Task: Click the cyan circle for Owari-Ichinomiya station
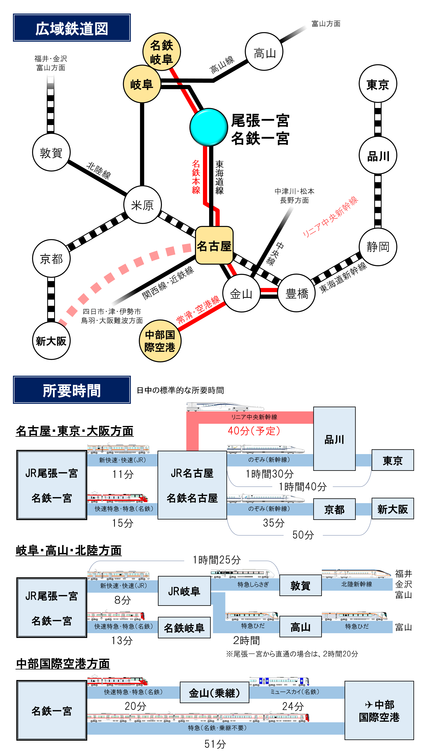tap(209, 127)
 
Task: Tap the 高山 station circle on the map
tap(264, 52)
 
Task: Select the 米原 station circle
tap(142, 205)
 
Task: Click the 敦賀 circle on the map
tap(51, 152)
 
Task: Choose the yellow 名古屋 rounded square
tap(214, 245)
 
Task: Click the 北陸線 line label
tap(99, 170)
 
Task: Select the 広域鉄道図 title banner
tap(72, 28)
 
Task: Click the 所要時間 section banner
tap(72, 390)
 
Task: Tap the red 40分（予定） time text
tap(254, 431)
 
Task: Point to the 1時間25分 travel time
tap(217, 560)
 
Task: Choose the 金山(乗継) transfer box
tap(214, 693)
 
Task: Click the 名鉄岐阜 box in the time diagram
tap(184, 627)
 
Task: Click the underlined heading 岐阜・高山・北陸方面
tap(69, 550)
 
